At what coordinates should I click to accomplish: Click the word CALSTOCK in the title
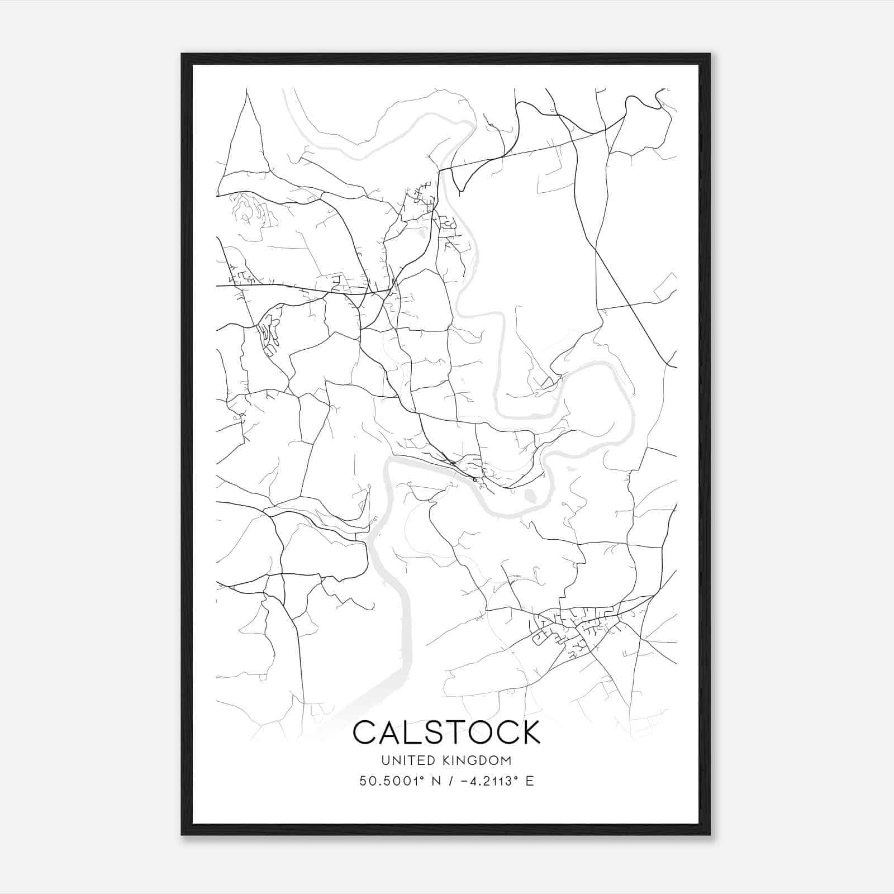[446, 732]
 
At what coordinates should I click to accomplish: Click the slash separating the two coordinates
[447, 781]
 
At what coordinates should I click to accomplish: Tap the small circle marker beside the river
[474, 479]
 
